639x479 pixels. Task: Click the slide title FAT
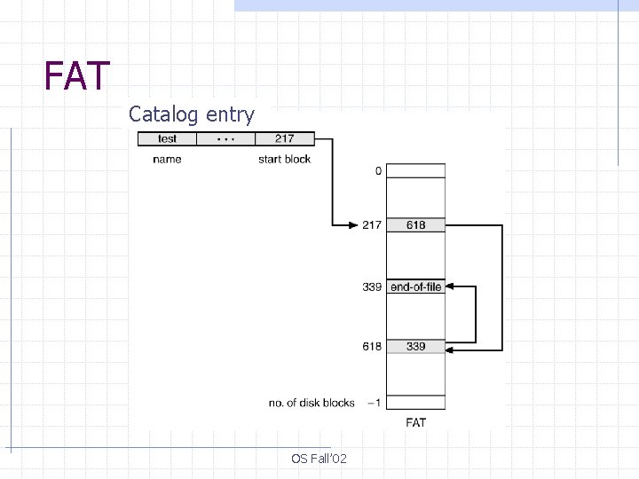coord(77,76)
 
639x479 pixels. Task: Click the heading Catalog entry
coord(191,114)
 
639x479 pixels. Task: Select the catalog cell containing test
coord(167,138)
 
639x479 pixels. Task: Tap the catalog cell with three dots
coord(225,138)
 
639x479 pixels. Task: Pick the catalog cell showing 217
coord(284,138)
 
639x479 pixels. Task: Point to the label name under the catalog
coord(167,159)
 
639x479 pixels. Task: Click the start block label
coord(284,159)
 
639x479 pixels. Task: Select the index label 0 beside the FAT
coord(378,170)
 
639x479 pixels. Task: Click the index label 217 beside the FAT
coord(371,225)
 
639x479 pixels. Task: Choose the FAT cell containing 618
coord(415,225)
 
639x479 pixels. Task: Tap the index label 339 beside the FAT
coord(371,287)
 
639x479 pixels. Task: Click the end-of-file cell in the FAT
coord(415,287)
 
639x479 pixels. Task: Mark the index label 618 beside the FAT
coord(371,346)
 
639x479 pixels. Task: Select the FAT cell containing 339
coord(415,346)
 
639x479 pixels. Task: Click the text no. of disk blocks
coord(312,403)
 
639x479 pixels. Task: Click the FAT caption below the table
coord(415,422)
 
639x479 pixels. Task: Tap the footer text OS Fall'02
coord(319,459)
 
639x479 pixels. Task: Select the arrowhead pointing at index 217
coord(352,225)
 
